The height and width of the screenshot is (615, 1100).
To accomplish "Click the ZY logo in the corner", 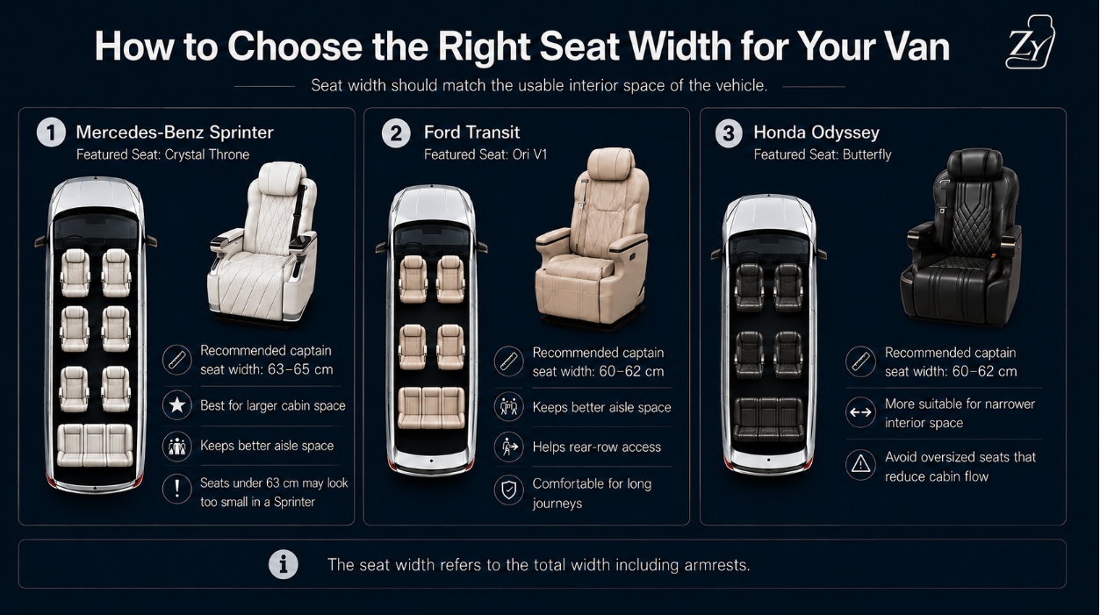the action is tap(1030, 43).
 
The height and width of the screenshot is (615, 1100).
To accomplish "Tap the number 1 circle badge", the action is tap(51, 132).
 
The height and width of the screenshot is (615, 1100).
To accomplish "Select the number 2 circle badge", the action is tap(396, 133).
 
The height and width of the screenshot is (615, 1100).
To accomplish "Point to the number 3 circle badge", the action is tap(729, 133).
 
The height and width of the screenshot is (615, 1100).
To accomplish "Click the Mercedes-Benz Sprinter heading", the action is tap(175, 132).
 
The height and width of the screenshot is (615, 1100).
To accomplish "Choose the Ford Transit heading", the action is tap(471, 132).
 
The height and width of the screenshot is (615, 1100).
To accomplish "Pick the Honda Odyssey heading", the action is tap(816, 132).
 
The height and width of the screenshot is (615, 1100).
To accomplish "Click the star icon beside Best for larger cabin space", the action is tap(176, 405).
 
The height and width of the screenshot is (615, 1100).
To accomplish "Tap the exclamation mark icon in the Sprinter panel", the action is tap(176, 489).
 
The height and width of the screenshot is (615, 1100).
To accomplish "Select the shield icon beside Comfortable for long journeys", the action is tap(509, 490).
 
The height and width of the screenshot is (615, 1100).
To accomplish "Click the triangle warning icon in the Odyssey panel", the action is tap(860, 464).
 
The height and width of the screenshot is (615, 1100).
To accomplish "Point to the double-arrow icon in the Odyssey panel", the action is tap(860, 412).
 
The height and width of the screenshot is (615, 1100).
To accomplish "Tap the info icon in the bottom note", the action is tap(284, 564).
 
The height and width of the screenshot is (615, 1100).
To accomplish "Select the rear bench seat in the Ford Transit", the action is tap(431, 408).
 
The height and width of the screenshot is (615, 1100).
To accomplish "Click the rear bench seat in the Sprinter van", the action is tap(95, 446).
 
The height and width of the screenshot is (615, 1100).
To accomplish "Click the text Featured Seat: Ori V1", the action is tap(485, 154).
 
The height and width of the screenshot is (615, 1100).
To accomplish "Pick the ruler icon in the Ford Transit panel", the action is tap(509, 361).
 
